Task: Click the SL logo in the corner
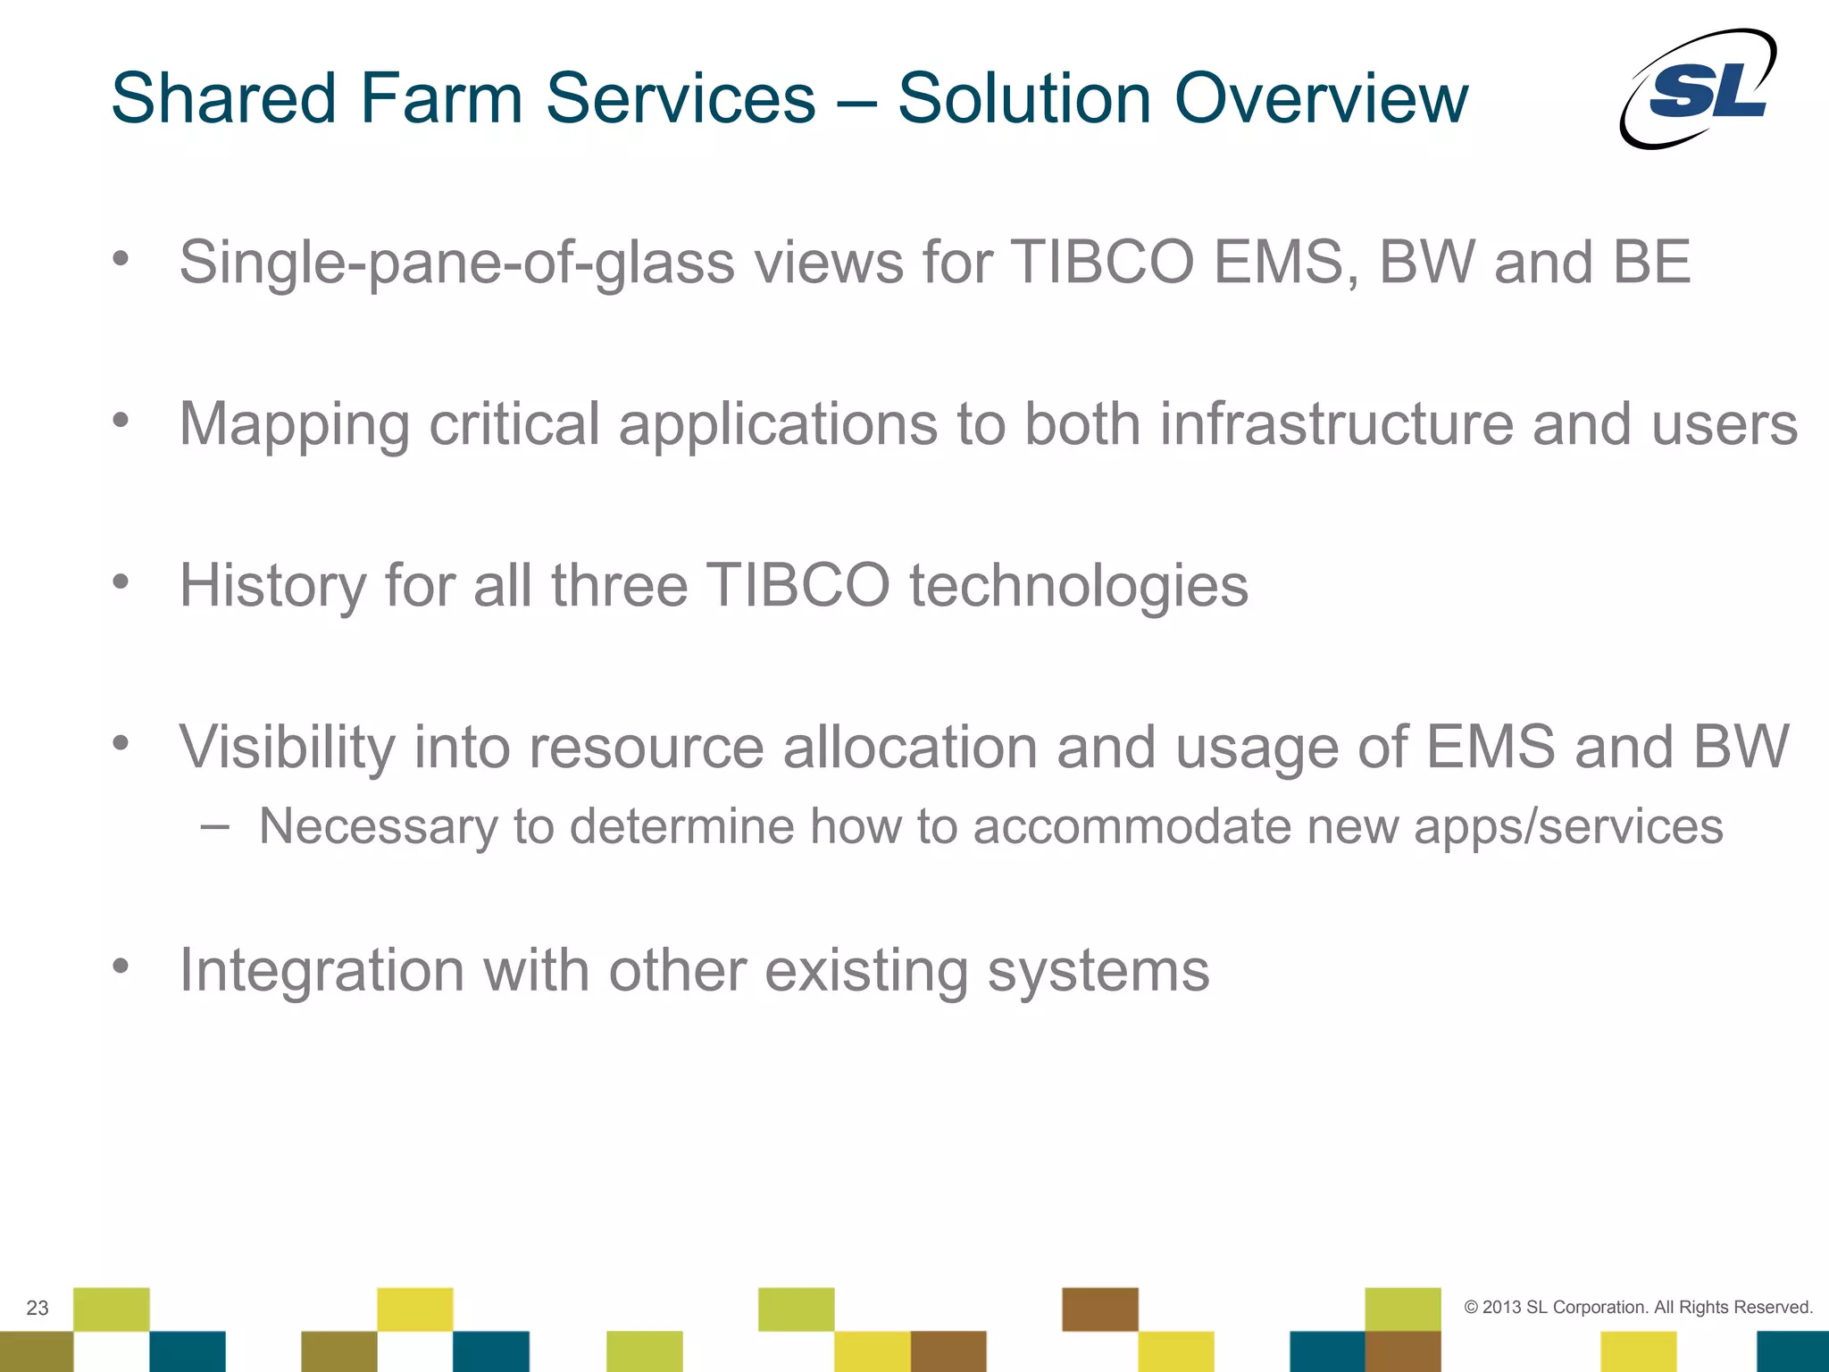click(1699, 89)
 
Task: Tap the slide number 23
click(38, 1308)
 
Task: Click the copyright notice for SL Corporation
click(1638, 1307)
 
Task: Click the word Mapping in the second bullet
click(294, 425)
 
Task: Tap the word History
click(272, 586)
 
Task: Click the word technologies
click(1078, 587)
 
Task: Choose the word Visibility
click(286, 747)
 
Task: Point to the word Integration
click(322, 971)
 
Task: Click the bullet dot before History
click(121, 583)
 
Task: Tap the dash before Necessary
click(214, 826)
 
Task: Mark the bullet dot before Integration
click(121, 966)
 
